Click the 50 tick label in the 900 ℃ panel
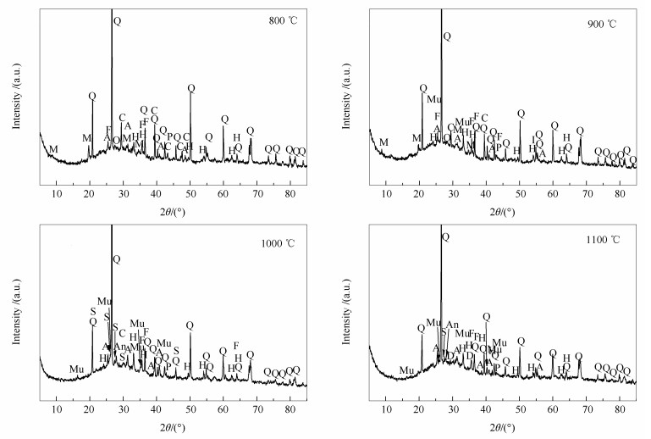coord(520,193)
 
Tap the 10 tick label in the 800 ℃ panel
coord(56,193)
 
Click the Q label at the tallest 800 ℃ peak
coord(117,19)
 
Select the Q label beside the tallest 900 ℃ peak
coord(447,36)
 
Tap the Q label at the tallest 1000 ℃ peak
coord(117,258)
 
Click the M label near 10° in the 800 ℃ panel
coord(54,149)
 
